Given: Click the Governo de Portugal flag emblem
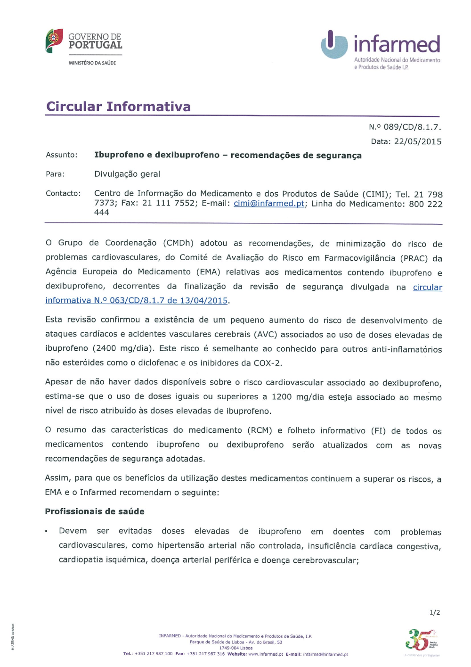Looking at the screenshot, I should click(x=54, y=41).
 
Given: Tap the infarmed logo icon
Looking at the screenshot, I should click(x=334, y=44).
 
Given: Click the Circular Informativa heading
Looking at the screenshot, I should click(x=118, y=107).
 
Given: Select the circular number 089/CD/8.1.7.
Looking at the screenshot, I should click(x=412, y=127).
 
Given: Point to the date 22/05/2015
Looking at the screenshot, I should click(x=418, y=141).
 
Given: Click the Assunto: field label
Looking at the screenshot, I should click(x=62, y=155).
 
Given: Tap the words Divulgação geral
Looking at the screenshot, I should click(x=127, y=174).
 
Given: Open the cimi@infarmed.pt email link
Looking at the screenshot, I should click(x=269, y=204).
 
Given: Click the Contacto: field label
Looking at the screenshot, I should click(x=63, y=193).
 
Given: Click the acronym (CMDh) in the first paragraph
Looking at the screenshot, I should click(x=179, y=243).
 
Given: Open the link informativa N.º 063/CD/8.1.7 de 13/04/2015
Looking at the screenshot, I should click(x=137, y=301).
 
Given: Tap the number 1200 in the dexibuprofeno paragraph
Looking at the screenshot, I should click(x=281, y=397).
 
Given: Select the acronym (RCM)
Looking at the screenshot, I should click(x=260, y=430).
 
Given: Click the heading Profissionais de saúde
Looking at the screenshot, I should click(x=95, y=511).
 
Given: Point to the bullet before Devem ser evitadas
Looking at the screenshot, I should click(x=47, y=532).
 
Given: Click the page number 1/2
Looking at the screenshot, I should click(x=435, y=612).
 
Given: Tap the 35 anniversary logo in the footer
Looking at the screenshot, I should click(x=418, y=640).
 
